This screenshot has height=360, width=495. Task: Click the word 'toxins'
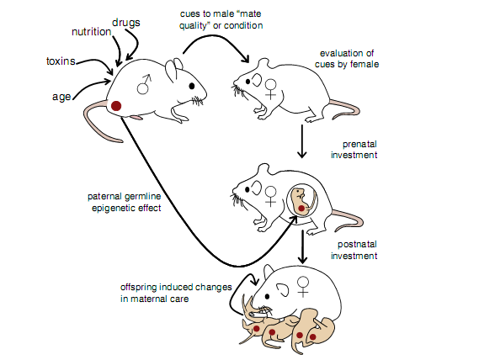(x=61, y=61)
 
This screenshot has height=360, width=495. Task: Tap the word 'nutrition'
(x=92, y=32)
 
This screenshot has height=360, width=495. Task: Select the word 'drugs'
(x=126, y=23)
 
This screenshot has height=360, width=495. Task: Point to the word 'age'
(x=61, y=97)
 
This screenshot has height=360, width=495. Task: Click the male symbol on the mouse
(x=144, y=84)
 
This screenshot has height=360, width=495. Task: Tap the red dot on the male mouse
(x=116, y=106)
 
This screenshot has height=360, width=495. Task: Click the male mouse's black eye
(x=192, y=86)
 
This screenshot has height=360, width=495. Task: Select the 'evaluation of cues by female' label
(x=347, y=59)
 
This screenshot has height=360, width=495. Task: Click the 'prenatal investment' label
(x=354, y=150)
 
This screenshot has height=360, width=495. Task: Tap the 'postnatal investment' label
(x=354, y=250)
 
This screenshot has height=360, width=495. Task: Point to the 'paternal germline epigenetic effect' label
(x=125, y=202)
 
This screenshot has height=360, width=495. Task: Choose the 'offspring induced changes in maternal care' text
(x=176, y=293)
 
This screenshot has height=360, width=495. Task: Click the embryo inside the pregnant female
(x=302, y=201)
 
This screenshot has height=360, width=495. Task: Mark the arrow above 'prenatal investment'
(x=302, y=141)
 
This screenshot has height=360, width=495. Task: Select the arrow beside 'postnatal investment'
(x=303, y=246)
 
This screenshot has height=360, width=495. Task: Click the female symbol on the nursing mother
(x=303, y=287)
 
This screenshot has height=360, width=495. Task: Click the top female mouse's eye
(x=247, y=82)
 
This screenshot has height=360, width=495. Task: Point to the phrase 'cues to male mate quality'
(x=221, y=19)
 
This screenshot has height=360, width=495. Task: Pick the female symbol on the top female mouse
(x=271, y=89)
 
